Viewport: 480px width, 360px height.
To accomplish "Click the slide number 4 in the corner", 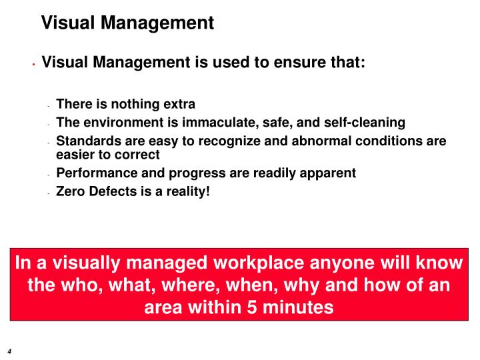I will click(x=9, y=351).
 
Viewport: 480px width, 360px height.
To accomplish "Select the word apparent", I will click(x=329, y=173).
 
